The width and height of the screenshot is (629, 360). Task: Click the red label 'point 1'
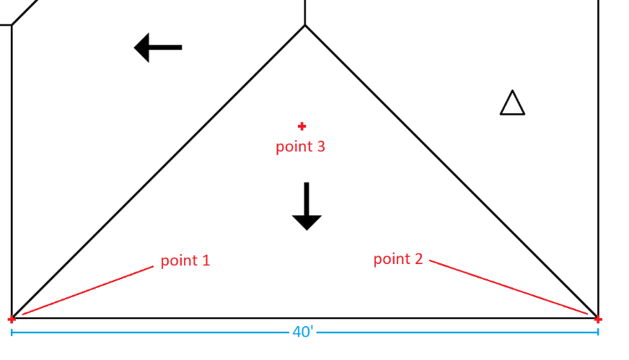coord(185,260)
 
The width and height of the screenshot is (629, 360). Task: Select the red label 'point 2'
coord(398,259)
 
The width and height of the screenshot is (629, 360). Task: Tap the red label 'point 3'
coord(300,146)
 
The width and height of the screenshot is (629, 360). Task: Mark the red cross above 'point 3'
coord(302,126)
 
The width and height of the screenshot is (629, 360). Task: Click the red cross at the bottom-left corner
coord(12,319)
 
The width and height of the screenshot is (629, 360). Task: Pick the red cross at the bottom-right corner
coord(597,319)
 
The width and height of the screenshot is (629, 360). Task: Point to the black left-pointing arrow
coord(158,48)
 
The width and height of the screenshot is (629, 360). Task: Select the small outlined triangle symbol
coord(512,103)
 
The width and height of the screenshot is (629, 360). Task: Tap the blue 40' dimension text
coord(303,333)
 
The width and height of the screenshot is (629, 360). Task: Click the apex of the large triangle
coord(305,25)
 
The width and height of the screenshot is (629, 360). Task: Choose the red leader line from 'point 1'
coord(87,290)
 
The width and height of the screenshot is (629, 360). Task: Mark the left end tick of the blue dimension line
coord(12,332)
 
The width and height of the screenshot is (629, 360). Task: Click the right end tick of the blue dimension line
coord(598,332)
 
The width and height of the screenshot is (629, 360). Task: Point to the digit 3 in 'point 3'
coord(320,146)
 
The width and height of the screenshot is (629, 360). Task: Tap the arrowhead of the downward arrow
coord(307,222)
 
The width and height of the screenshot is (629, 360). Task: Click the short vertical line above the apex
coord(305,11)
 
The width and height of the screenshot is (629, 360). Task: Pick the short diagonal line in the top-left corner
coord(25,12)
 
